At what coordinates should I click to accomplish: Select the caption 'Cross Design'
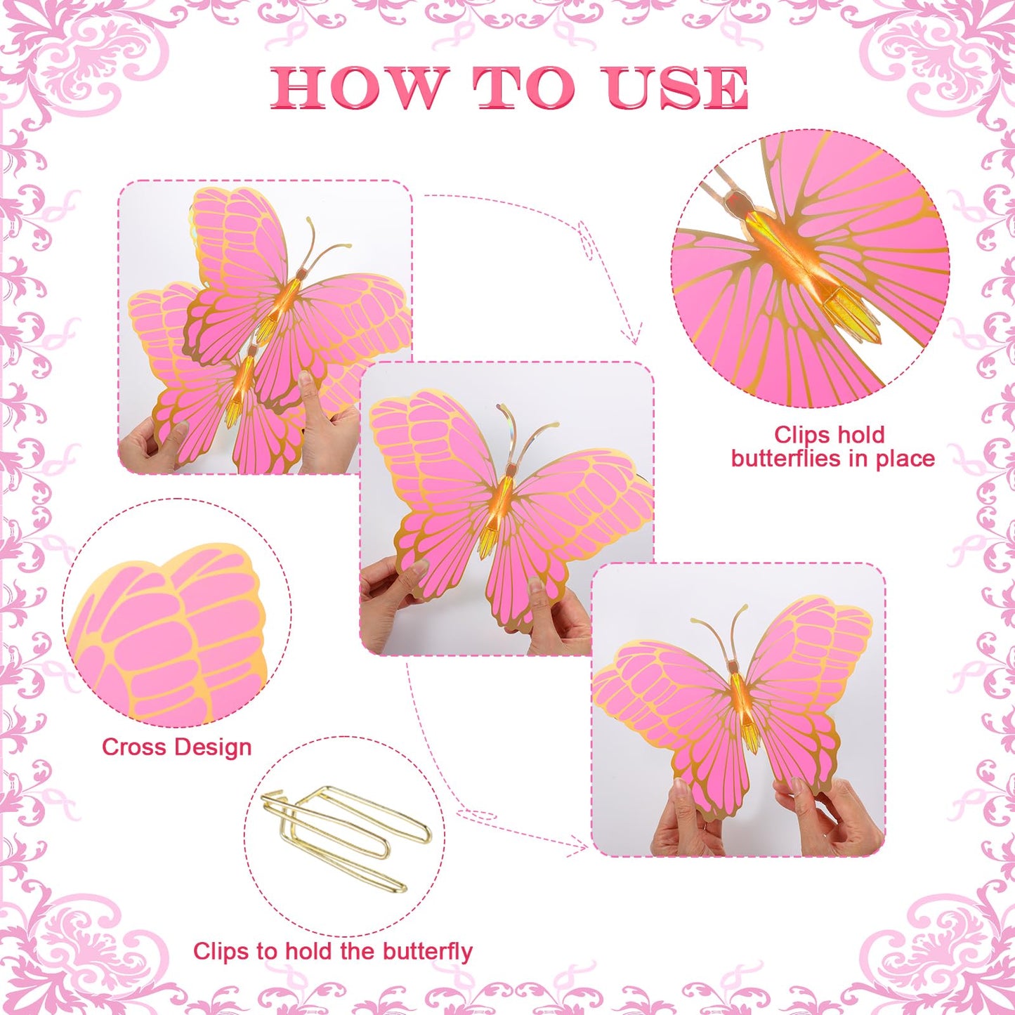pyautogui.click(x=177, y=747)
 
